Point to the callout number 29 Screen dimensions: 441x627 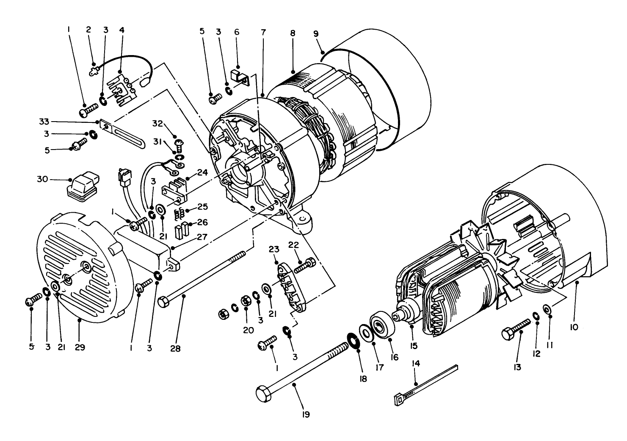click(80, 347)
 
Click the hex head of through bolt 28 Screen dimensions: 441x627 click(163, 302)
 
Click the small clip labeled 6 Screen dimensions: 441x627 click(238, 77)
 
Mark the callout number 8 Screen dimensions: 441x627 click(293, 33)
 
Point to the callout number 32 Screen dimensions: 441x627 click(157, 123)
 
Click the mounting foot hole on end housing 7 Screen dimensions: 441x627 click(303, 220)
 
